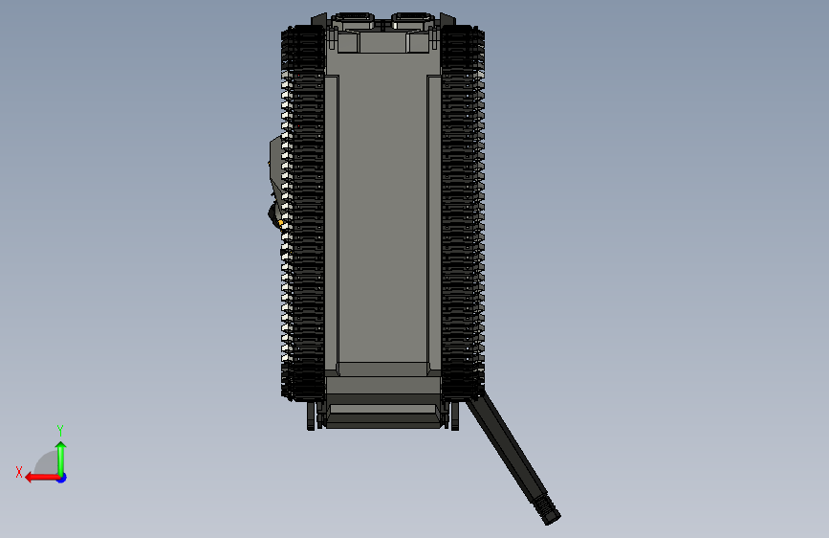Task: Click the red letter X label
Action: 18,472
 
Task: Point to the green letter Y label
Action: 60,430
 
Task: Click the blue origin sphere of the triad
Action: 61,477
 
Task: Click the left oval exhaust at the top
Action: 355,18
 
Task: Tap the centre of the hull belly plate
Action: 382,220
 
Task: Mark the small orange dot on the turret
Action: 281,223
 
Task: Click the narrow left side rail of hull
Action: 331,220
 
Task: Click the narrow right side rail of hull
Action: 434,220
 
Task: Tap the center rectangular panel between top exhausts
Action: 382,42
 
